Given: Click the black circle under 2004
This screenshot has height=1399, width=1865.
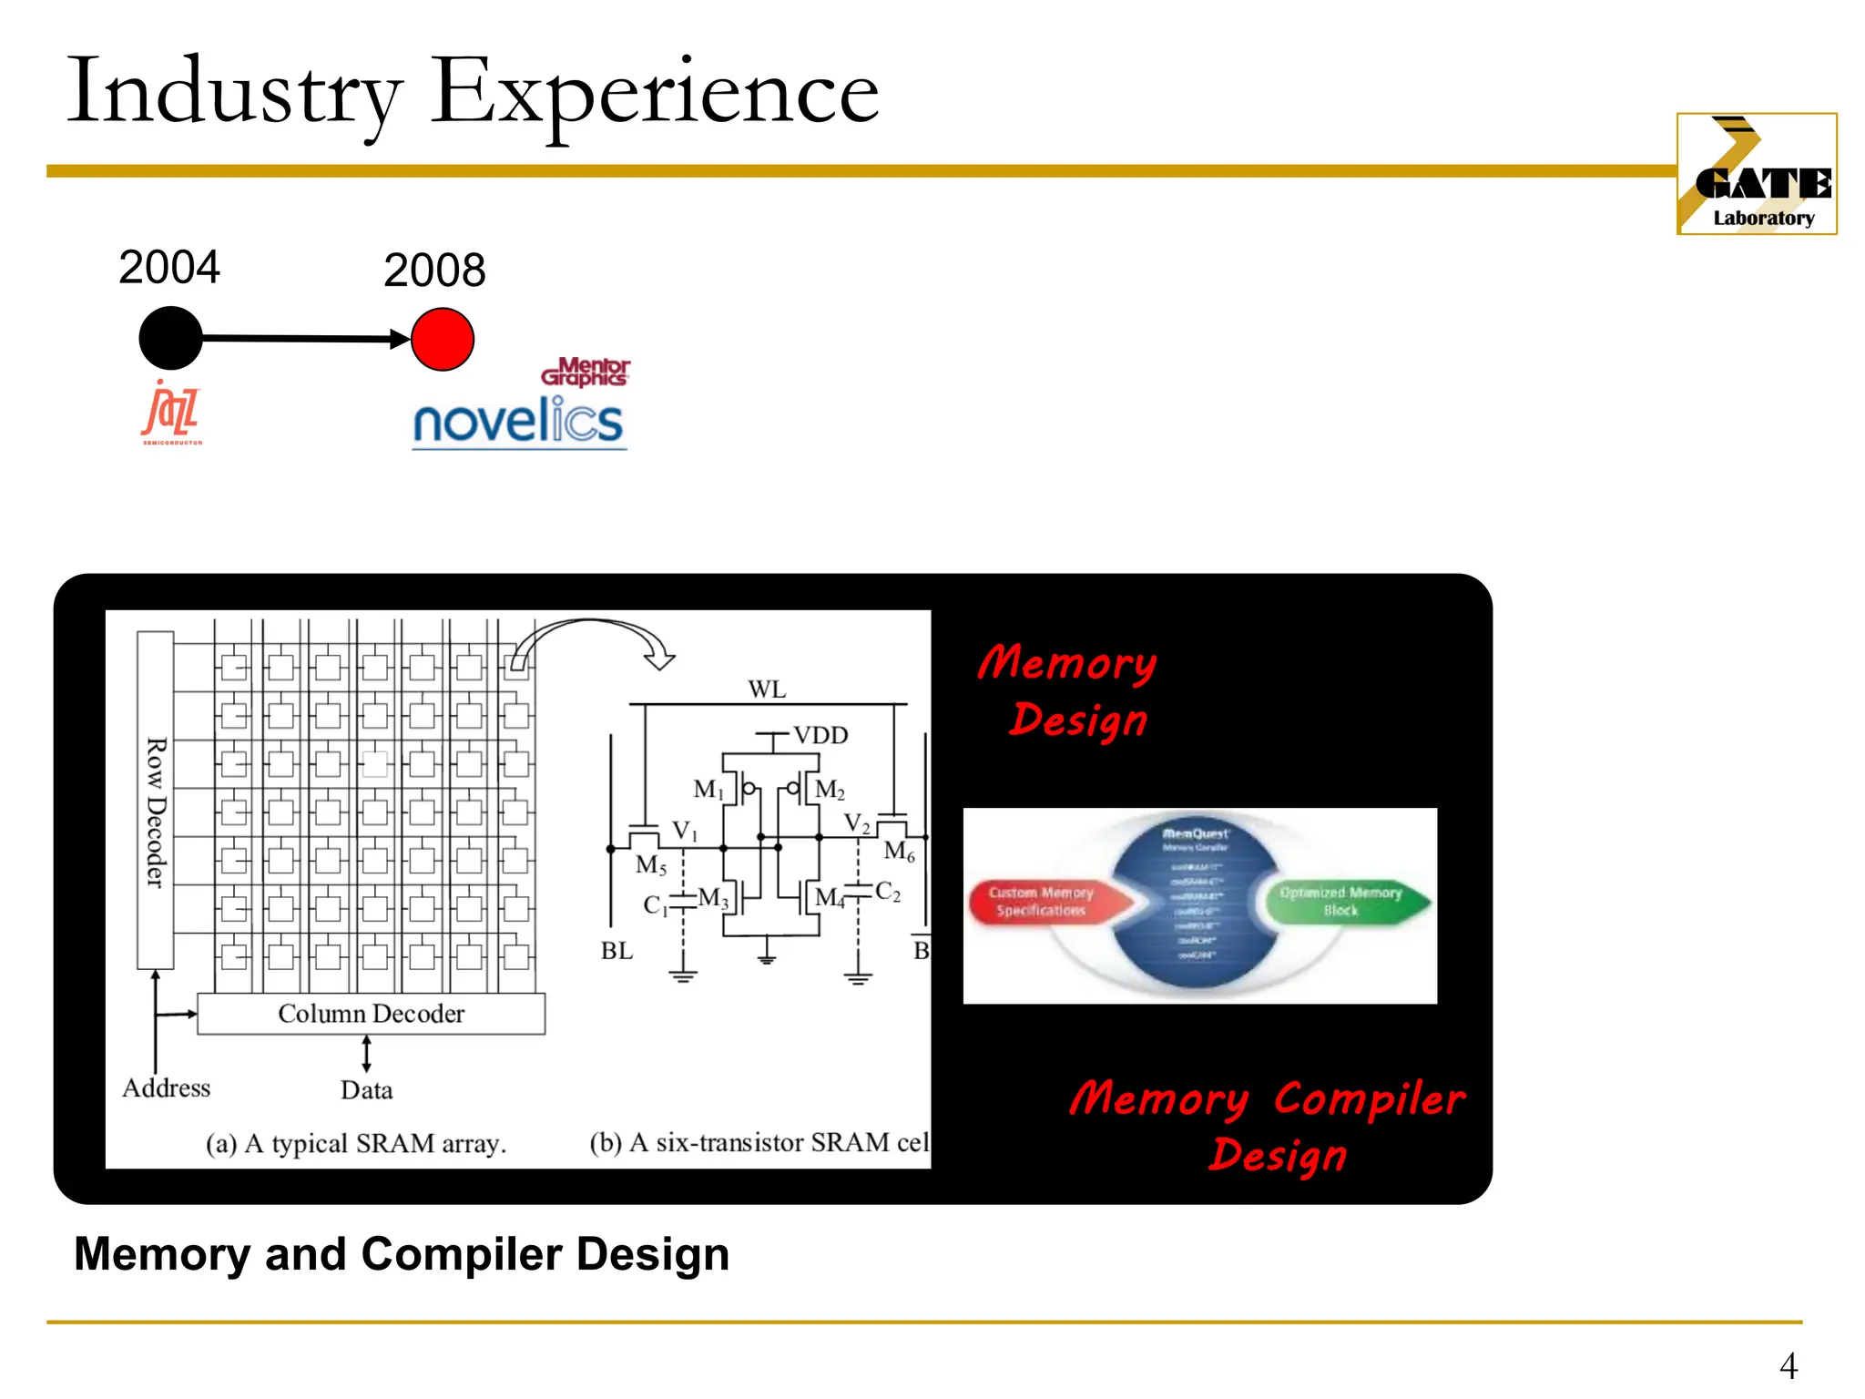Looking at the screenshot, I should (170, 338).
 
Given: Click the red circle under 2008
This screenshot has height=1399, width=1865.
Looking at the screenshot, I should (443, 340).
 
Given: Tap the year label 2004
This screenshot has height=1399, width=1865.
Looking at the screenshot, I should (169, 268).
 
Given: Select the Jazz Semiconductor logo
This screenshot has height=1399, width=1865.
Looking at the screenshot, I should (172, 414).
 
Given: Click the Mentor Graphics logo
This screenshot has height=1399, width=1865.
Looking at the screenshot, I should (586, 372).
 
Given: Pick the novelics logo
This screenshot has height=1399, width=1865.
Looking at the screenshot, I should (518, 422).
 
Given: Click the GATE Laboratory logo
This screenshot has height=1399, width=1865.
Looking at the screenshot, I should (1756, 174).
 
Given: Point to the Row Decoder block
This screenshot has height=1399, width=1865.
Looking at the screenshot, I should (156, 801).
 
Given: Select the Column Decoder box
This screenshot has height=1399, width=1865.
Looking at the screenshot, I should (372, 1014).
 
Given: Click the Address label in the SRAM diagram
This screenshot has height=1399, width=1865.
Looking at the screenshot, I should (167, 1088).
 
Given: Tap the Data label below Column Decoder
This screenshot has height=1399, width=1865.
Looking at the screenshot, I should (367, 1090).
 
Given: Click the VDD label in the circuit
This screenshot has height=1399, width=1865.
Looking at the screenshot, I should (820, 735).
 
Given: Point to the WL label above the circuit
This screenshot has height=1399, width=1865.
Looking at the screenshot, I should (767, 689).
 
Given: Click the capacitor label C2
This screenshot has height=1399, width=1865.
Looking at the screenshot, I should (888, 892).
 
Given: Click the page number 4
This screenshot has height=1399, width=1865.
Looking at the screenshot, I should (1789, 1365).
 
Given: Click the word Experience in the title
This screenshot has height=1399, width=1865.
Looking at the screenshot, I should (654, 92).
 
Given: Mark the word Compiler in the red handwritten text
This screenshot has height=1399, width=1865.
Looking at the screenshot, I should (1369, 1099).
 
